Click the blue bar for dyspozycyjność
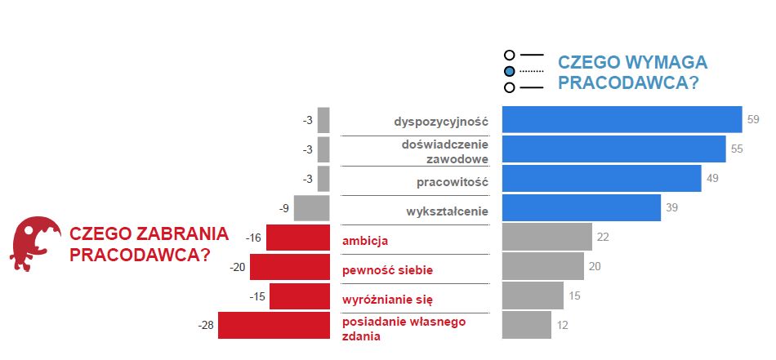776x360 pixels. point(621,120)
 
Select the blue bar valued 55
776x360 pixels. point(613,149)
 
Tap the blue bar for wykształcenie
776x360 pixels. point(581,208)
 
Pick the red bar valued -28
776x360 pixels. point(274,325)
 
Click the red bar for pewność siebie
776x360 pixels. point(289,267)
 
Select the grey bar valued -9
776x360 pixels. point(311,208)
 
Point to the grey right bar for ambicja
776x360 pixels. point(546,238)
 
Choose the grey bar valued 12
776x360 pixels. point(526,325)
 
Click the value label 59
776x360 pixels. point(753,120)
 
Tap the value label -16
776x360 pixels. point(253,238)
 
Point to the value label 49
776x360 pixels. point(712,179)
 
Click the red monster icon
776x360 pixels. point(35,242)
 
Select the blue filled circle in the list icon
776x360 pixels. point(510,71)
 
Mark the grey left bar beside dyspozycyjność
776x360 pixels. point(323,120)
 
